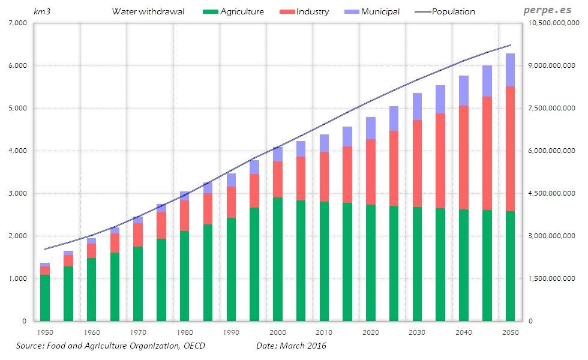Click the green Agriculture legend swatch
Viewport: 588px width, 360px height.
pos(210,11)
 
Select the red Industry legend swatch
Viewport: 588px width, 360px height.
pos(286,11)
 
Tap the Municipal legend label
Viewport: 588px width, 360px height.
pos(380,11)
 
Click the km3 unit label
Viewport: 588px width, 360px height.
pos(41,11)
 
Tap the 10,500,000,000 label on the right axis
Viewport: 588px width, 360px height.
pos(553,23)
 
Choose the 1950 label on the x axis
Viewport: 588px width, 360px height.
pos(44,332)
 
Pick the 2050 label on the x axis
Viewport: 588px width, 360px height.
pos(510,332)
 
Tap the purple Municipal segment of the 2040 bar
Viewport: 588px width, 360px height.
pos(463,91)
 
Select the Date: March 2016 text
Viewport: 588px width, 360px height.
pos(291,346)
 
